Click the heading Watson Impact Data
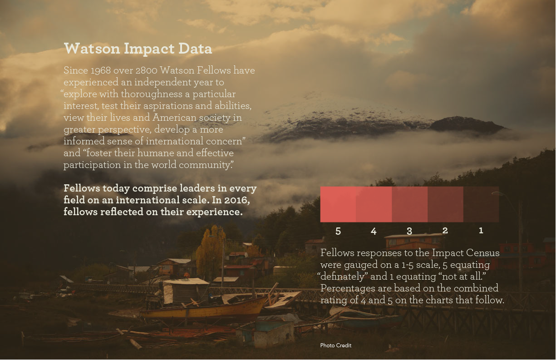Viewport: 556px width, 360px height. click(x=138, y=49)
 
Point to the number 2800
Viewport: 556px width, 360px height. click(x=147, y=70)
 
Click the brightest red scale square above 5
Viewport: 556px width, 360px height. click(x=338, y=204)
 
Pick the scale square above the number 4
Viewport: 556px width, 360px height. click(x=374, y=204)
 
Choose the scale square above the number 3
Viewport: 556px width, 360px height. click(x=410, y=204)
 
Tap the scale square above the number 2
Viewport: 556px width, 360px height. click(x=446, y=204)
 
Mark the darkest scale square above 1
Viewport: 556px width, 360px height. click(x=481, y=204)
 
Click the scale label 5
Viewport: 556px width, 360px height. click(x=338, y=231)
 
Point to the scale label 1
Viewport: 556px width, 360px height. click(x=481, y=231)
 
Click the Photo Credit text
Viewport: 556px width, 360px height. click(x=336, y=345)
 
